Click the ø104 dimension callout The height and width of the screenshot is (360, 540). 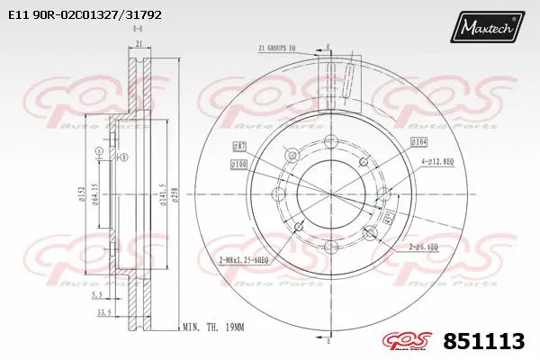click(418, 143)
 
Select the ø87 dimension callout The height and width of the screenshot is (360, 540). click(240, 146)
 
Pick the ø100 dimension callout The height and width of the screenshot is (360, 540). click(238, 164)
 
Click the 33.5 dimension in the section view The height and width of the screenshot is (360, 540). click(104, 314)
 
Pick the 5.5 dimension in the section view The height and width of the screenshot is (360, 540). click(105, 294)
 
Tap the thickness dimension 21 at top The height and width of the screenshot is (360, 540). click(139, 43)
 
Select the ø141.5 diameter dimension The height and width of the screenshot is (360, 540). click(163, 197)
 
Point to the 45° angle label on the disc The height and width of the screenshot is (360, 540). click(388, 217)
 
